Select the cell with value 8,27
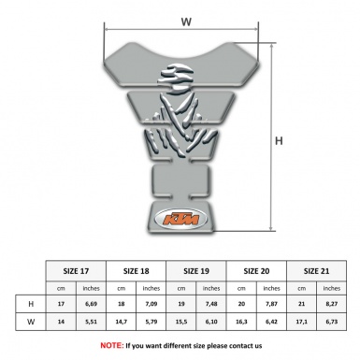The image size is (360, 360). pos(329,305)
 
